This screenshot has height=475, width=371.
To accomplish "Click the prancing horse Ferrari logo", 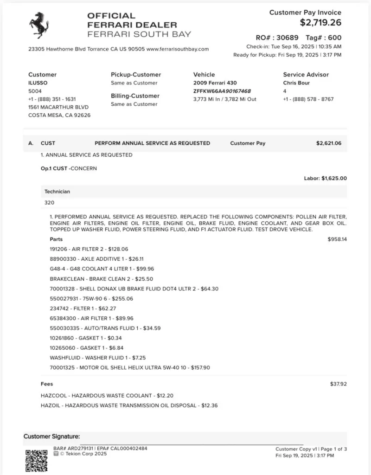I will click(40, 25).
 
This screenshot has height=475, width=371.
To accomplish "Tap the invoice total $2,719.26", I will click(320, 22).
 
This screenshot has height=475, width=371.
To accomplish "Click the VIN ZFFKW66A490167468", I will click(222, 91).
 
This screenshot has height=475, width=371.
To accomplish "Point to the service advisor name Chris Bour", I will click(297, 83).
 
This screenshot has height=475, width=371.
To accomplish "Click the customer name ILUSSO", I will click(38, 83).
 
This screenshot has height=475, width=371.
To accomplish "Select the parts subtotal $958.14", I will click(337, 239).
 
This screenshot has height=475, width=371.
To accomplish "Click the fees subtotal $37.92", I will click(338, 384).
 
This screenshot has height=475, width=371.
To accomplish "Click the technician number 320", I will click(49, 203).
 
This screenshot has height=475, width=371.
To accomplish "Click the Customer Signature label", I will click(52, 436).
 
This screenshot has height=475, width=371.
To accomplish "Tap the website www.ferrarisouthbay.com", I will click(178, 49).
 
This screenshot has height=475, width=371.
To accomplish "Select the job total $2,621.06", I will click(328, 143).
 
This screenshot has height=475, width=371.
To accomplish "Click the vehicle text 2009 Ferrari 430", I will click(215, 83).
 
